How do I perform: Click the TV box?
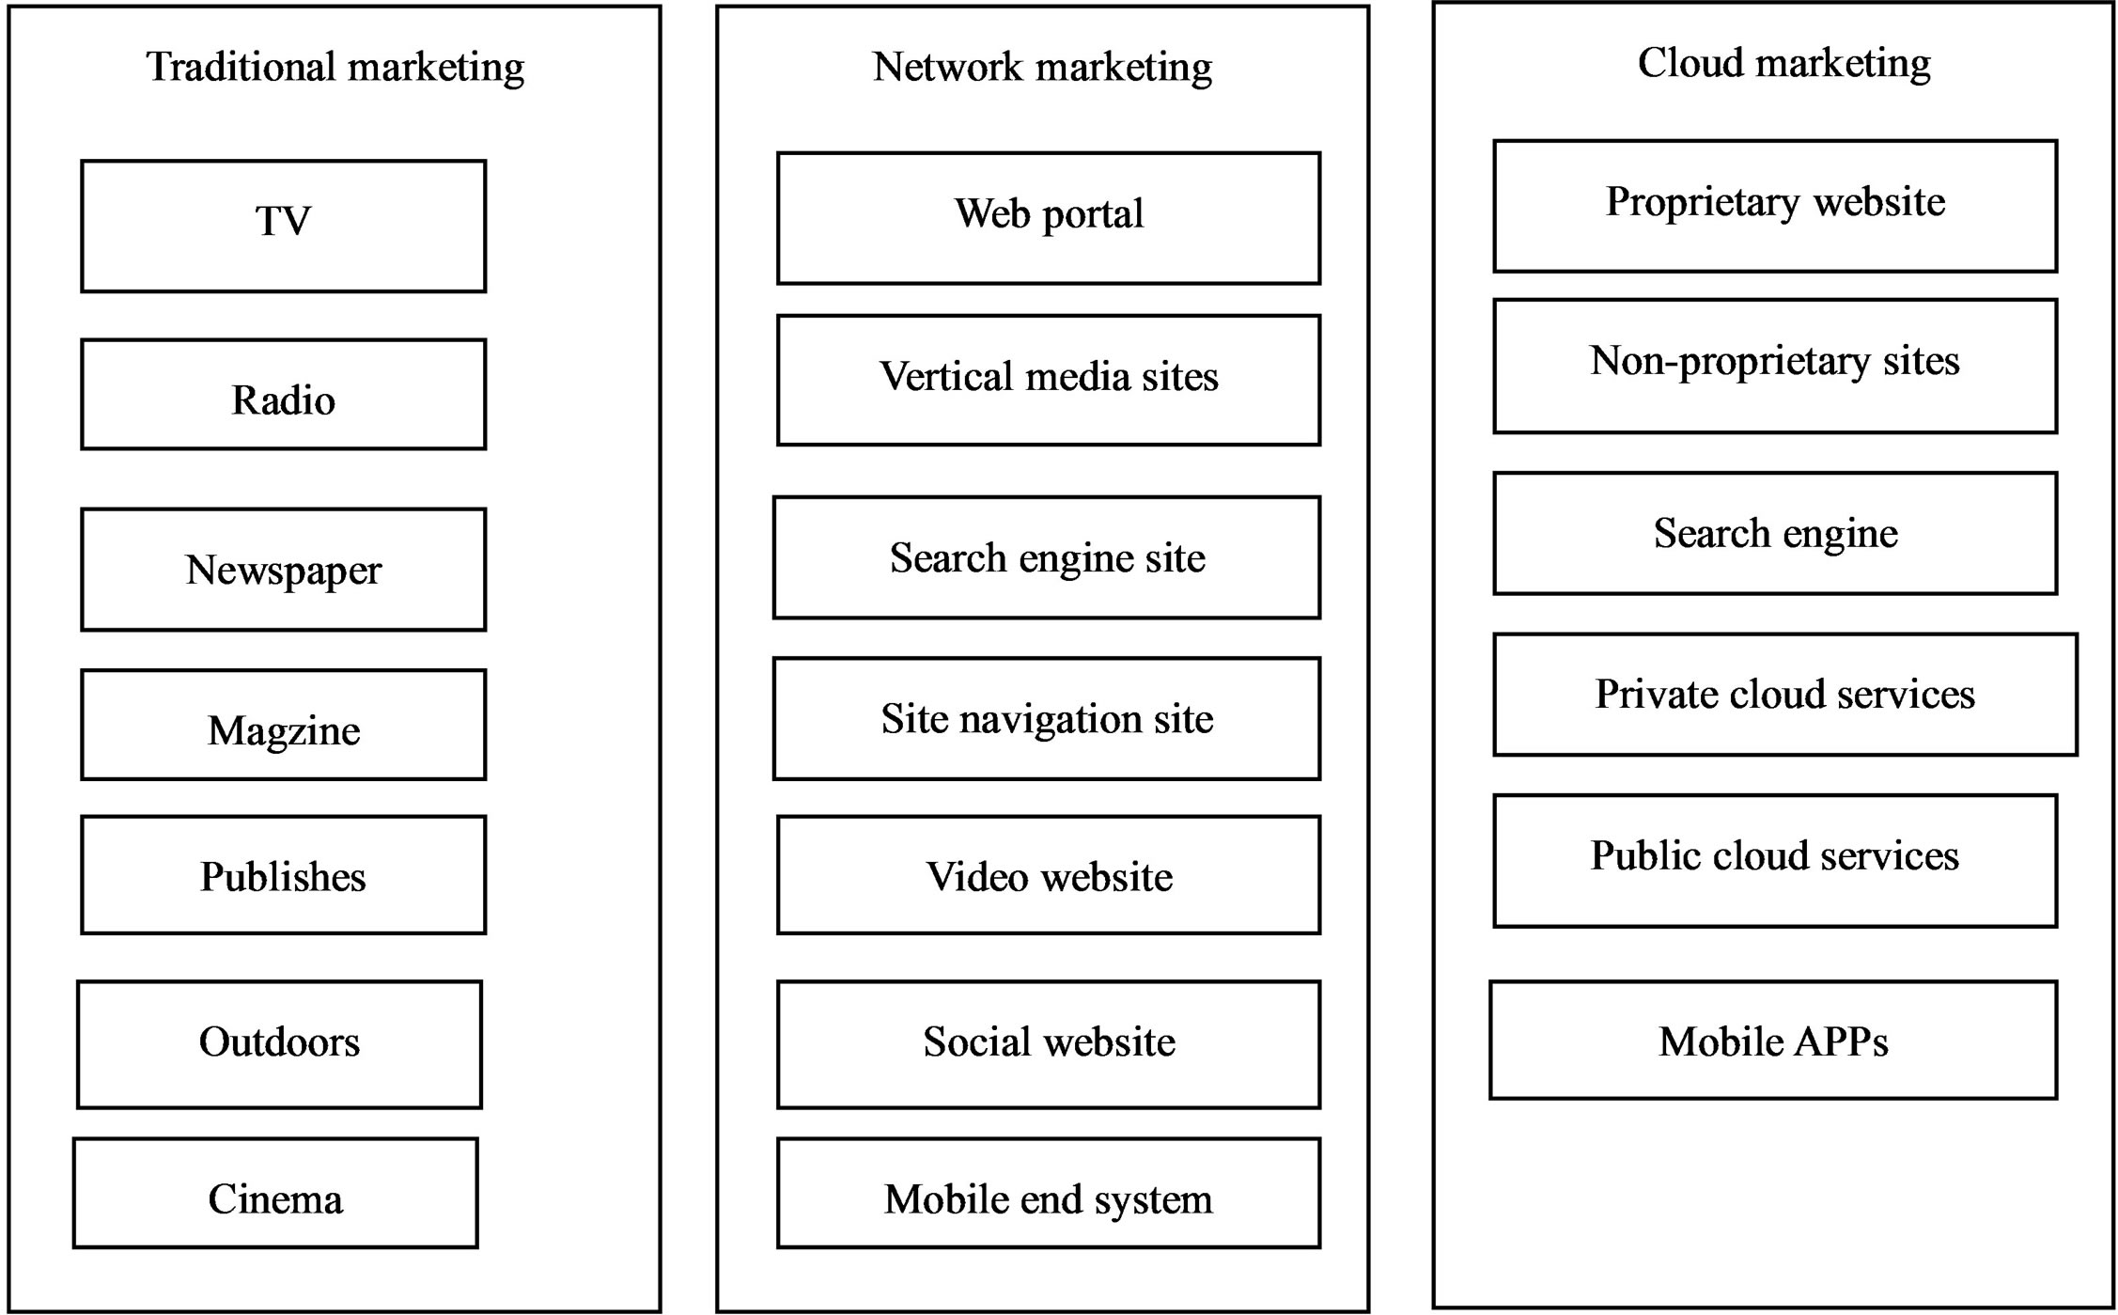(283, 226)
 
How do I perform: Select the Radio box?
(283, 395)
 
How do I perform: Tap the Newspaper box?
(283, 570)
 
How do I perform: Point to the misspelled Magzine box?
(283, 725)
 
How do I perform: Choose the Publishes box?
(283, 875)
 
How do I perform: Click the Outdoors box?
(279, 1044)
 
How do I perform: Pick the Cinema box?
(275, 1194)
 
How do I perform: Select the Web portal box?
(1049, 218)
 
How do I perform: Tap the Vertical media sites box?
(1049, 380)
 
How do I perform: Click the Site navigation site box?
(1047, 719)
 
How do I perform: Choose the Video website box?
(1049, 875)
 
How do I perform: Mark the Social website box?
(1049, 1044)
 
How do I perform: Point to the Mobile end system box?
(1049, 1194)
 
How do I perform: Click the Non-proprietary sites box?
(1775, 366)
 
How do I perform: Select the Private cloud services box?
(1785, 695)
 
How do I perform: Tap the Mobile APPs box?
(1773, 1041)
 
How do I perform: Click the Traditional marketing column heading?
(335, 68)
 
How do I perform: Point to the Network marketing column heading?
(1042, 68)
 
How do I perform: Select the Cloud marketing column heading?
(1784, 64)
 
